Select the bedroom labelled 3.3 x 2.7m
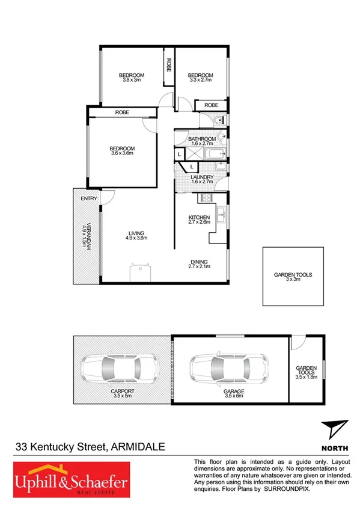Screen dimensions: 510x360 201,78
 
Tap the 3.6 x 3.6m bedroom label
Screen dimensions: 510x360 122,151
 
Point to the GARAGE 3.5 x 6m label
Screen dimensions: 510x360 234,391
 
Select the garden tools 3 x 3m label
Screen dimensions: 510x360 293,277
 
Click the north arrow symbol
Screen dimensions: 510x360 335,429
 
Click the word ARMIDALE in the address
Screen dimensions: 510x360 137,447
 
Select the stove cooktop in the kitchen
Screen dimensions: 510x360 207,199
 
